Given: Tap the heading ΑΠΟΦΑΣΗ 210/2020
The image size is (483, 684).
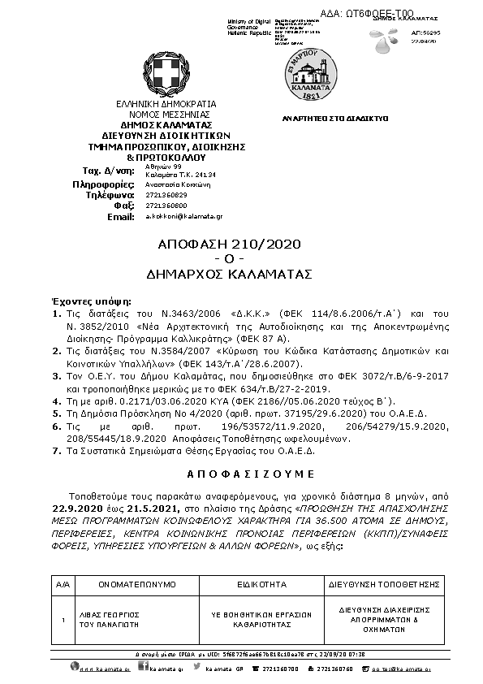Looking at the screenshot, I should click(x=228, y=245).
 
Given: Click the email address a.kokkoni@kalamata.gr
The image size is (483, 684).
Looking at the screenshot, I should click(x=183, y=218).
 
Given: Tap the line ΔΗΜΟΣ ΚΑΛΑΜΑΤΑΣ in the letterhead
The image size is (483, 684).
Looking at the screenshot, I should click(x=166, y=124).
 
